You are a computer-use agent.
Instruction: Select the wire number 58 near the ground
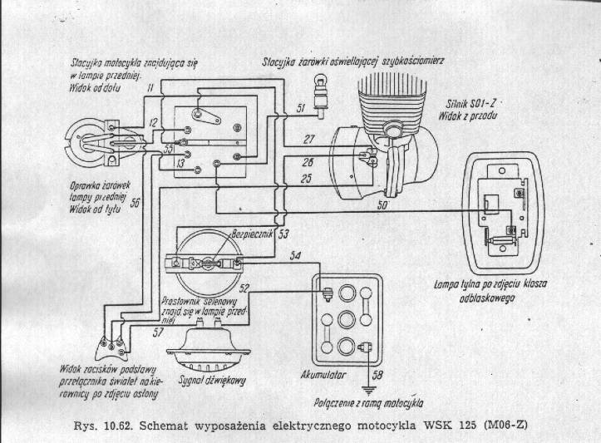tap(378, 375)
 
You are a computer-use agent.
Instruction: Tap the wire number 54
tap(294, 256)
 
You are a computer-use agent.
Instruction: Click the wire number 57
tap(158, 332)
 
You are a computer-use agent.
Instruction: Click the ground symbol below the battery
tap(365, 387)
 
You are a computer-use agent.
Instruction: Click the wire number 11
tap(149, 86)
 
